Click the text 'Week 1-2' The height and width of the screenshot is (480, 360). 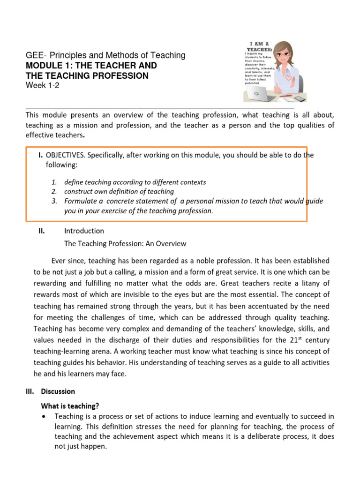pyautogui.click(x=43, y=86)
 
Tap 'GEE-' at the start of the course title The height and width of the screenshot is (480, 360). pyautogui.click(x=35, y=55)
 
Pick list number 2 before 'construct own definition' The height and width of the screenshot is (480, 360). pyautogui.click(x=54, y=191)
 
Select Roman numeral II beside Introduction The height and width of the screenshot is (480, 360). pyautogui.click(x=42, y=231)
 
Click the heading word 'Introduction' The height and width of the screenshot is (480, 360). pyautogui.click(x=84, y=231)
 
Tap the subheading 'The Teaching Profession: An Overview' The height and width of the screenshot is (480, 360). pyautogui.click(x=125, y=243)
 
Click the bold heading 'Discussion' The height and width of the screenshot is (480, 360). pyautogui.click(x=58, y=391)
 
